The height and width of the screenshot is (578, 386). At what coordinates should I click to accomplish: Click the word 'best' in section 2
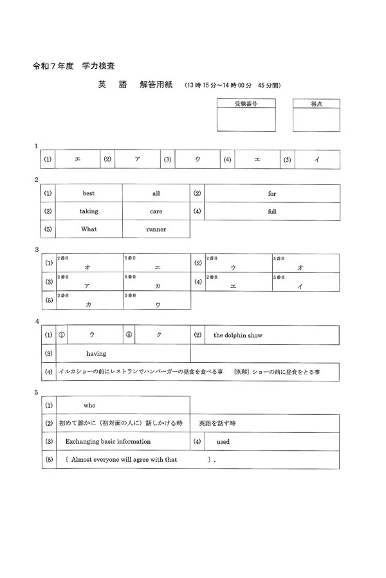coord(88,193)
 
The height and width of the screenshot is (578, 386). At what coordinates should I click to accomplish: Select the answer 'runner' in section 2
coord(156,229)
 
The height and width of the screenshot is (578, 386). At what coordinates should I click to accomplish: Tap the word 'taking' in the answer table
coord(89,211)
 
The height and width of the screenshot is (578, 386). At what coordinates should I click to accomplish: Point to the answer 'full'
coord(272,211)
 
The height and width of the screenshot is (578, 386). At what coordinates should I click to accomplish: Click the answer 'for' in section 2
coord(272,193)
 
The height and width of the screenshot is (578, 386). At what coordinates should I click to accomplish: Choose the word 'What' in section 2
coord(89,229)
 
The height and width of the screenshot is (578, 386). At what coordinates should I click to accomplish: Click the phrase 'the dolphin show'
coord(238,335)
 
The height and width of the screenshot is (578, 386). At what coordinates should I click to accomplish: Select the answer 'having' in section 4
coord(96,353)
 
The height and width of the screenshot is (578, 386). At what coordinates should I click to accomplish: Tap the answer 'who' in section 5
coord(89,405)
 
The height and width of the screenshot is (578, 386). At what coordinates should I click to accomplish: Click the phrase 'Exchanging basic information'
coord(108,441)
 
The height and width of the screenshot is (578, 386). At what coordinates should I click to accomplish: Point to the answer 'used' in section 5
coord(223,442)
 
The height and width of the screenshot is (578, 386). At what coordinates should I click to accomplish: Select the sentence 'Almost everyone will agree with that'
coord(124,460)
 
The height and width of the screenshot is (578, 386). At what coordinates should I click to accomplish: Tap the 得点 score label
coord(316,103)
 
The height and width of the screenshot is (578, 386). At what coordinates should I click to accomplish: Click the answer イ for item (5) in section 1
coord(317,159)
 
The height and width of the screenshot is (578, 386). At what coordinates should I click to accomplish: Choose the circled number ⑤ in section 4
coord(129,335)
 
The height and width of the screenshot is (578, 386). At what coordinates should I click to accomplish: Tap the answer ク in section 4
coord(158,335)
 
